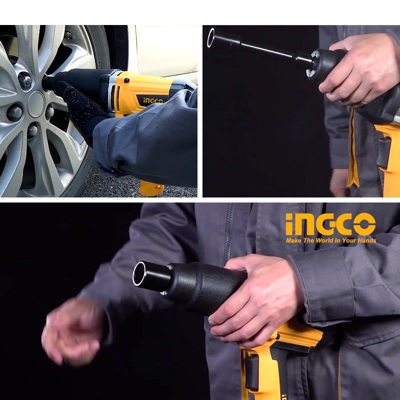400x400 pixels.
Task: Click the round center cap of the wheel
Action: pos(36,104)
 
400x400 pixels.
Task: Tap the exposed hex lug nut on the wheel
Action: pos(25,81)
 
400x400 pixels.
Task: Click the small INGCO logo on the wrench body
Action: pos(153,100)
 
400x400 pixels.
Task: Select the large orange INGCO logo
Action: pos(330,224)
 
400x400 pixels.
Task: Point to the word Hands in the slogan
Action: pos(367,240)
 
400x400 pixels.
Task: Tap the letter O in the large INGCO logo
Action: pos(364,224)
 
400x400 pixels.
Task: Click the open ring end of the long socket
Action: pos(211,37)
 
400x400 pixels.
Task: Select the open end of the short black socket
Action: pos(139,273)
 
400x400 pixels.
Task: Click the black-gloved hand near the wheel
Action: pos(81,107)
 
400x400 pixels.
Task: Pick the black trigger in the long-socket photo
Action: pos(384,153)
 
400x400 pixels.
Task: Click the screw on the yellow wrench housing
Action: pos(126,80)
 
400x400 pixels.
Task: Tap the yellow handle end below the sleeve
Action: pos(150,188)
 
